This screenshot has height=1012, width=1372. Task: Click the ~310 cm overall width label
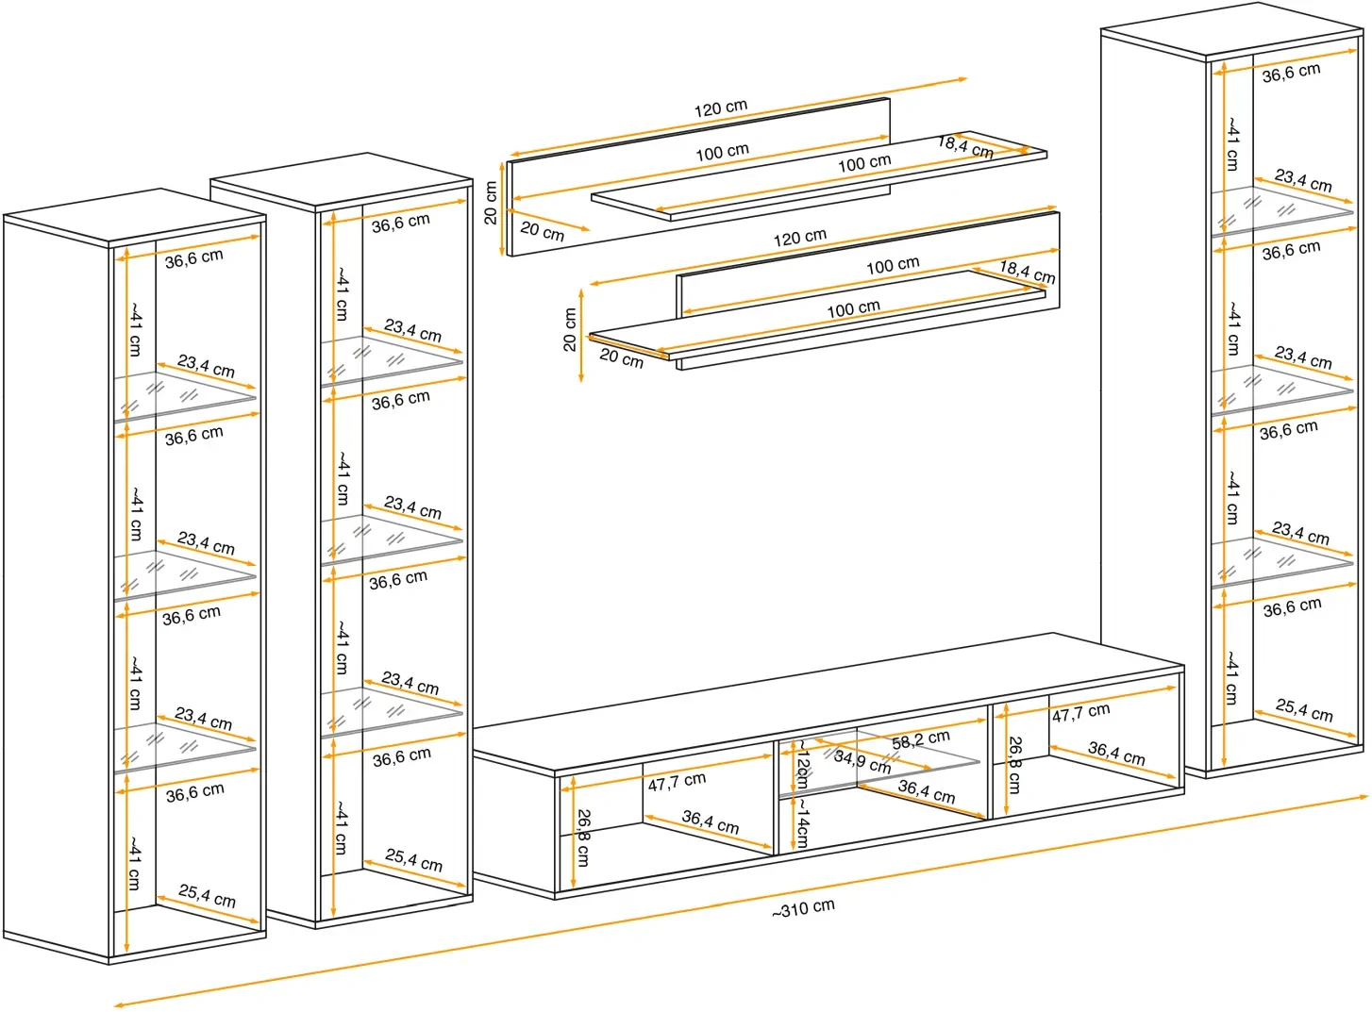pos(803,908)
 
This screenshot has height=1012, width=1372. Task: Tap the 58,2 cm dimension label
pos(920,739)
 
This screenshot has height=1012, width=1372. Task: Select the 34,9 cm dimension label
pos(862,760)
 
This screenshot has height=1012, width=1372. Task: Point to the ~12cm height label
pos(801,764)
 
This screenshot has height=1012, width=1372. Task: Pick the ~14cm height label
pos(801,822)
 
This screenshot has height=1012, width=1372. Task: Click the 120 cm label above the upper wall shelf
pos(720,108)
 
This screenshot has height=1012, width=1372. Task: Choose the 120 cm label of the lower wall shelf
pos(799,237)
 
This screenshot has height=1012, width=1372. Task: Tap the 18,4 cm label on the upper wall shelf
pos(964,146)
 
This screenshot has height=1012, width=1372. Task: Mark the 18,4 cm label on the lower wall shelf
pos(1027,272)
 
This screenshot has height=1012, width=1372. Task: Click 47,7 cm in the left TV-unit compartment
pos(676,782)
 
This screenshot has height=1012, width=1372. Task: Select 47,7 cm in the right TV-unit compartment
pos(1080,713)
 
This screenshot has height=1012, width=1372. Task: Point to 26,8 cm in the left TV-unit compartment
pos(583,837)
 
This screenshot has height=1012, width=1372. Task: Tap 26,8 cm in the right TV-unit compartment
pos(1014,765)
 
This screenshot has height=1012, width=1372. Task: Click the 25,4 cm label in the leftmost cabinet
pos(207,895)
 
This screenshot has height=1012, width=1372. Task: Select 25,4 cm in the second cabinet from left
pos(413,859)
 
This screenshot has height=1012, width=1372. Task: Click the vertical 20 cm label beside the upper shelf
pos(491,203)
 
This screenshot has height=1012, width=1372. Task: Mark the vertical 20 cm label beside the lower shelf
pos(570,330)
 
